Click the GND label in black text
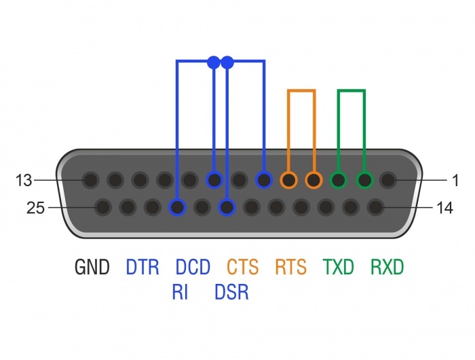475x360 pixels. point(92,267)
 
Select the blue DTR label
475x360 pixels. point(142,267)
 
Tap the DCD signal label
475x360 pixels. point(193,267)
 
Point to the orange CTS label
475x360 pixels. point(243,267)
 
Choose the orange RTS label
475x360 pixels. point(291,267)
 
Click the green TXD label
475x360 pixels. point(339,267)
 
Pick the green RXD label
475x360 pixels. point(387,267)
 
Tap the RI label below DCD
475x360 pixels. point(180,292)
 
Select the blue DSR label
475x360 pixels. point(232,292)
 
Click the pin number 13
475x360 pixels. point(24,180)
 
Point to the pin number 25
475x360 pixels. point(35,208)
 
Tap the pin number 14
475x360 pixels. point(444,208)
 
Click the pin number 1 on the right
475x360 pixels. point(455,180)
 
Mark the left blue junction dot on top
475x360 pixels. point(214,62)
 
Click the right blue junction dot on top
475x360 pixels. point(227,62)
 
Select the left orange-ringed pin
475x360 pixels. point(289,180)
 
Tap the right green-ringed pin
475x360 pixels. point(364,180)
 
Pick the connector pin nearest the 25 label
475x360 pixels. point(103,207)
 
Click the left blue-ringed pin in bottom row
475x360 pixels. point(178,207)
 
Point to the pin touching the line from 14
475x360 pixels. point(376,207)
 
